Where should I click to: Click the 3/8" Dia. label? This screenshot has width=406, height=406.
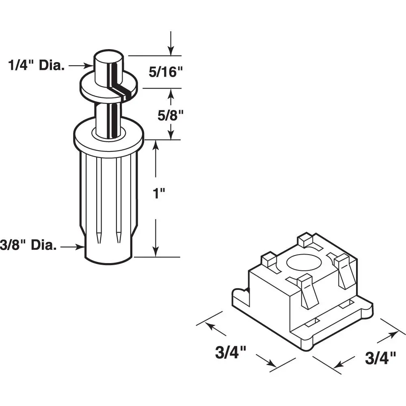point(28,245)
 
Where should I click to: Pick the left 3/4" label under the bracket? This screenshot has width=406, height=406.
point(230,352)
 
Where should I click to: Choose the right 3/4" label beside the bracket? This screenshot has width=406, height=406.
point(380,358)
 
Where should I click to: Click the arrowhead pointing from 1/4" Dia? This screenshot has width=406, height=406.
point(89,66)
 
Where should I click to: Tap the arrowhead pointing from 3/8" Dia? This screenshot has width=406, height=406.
point(81,247)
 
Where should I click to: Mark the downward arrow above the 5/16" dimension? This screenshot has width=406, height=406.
point(171,43)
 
